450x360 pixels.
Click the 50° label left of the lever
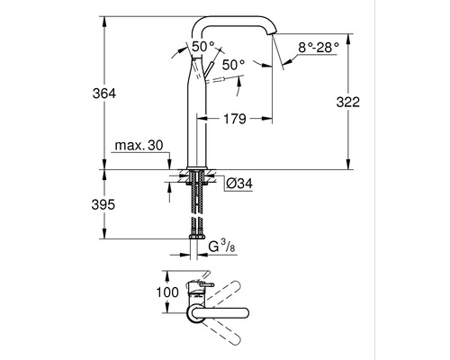203,46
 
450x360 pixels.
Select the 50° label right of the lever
233,65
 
